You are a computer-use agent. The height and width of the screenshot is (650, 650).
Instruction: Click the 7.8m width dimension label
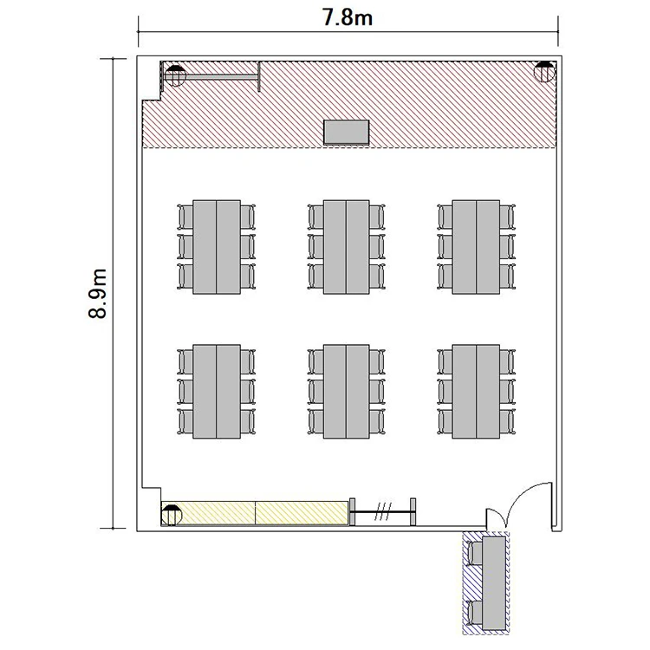(348, 18)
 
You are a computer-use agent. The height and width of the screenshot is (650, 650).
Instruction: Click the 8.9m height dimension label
(98, 294)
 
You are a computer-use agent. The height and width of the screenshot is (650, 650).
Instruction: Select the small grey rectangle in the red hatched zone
(346, 133)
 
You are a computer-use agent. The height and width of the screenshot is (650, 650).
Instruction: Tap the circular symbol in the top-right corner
(544, 72)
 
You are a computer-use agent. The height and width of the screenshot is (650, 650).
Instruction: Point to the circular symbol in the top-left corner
(175, 76)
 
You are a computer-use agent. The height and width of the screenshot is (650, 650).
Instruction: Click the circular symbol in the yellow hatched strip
(172, 515)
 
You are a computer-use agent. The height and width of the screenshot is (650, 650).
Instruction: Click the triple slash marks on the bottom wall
(382, 511)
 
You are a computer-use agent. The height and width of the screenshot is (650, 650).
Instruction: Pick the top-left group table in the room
(217, 247)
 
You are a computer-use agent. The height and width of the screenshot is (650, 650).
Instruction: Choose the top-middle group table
(346, 247)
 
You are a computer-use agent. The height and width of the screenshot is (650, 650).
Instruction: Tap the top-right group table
(476, 247)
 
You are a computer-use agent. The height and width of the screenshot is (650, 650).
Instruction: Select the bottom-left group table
(217, 392)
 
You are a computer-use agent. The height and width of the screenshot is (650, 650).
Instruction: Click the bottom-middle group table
(346, 392)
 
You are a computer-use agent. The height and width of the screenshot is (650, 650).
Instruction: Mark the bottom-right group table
(476, 392)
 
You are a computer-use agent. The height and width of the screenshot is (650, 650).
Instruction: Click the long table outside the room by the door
(494, 583)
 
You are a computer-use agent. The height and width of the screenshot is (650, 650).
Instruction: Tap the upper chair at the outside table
(475, 554)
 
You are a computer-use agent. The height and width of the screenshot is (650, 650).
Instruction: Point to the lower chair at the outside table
(475, 613)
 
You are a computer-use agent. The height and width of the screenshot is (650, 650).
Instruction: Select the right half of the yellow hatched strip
(302, 513)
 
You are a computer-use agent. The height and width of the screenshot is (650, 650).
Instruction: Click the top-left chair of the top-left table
(185, 217)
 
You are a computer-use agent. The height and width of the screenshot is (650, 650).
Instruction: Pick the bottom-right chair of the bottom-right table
(507, 421)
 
